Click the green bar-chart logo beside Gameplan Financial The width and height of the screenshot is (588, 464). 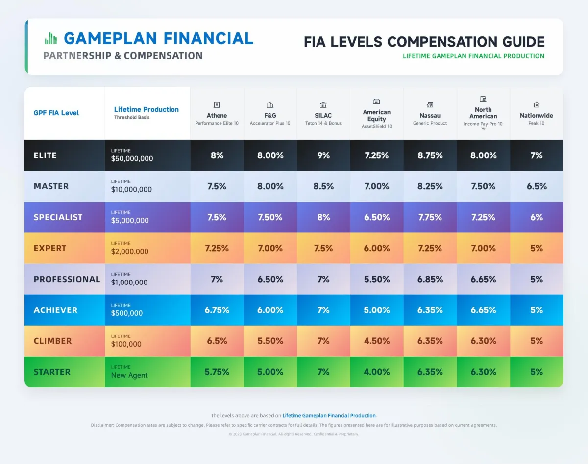tap(50, 39)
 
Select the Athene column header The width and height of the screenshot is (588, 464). tap(217, 116)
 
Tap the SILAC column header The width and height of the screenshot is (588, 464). tap(323, 116)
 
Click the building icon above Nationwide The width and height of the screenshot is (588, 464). tap(537, 104)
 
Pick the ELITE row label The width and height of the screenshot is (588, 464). tap(45, 155)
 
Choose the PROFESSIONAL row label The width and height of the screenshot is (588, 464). tap(67, 279)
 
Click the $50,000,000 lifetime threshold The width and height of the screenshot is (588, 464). tap(132, 158)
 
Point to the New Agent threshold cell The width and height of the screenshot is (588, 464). tap(129, 375)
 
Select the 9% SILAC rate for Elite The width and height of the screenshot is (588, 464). tap(323, 155)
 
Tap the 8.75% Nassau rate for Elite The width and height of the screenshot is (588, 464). tap(430, 155)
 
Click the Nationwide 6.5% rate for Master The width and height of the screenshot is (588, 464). tap(537, 186)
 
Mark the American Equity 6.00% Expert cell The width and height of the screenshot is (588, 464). tap(377, 248)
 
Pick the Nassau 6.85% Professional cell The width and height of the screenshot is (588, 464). tap(430, 279)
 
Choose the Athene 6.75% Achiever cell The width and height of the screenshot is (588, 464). tap(217, 310)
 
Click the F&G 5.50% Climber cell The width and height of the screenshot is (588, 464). tap(270, 341)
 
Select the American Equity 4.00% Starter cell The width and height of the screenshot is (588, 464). tap(377, 372)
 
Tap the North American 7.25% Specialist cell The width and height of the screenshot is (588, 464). tap(483, 217)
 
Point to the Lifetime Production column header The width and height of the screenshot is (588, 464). tap(146, 109)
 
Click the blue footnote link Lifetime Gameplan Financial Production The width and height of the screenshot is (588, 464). tap(329, 415)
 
